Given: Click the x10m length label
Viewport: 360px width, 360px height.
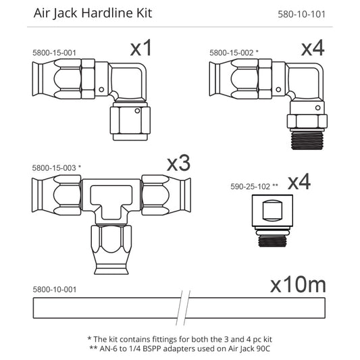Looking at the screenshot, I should click(297, 286).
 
